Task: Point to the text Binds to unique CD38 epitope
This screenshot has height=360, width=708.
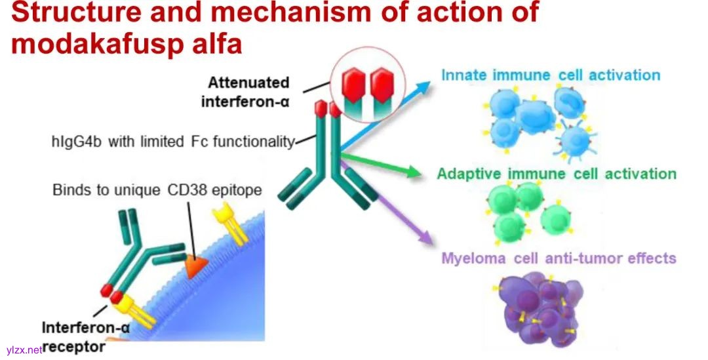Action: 157,190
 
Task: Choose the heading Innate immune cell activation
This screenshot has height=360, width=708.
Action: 550,75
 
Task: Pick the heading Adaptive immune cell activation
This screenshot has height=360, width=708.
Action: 557,174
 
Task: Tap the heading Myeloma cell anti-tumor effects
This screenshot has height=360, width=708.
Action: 559,258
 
